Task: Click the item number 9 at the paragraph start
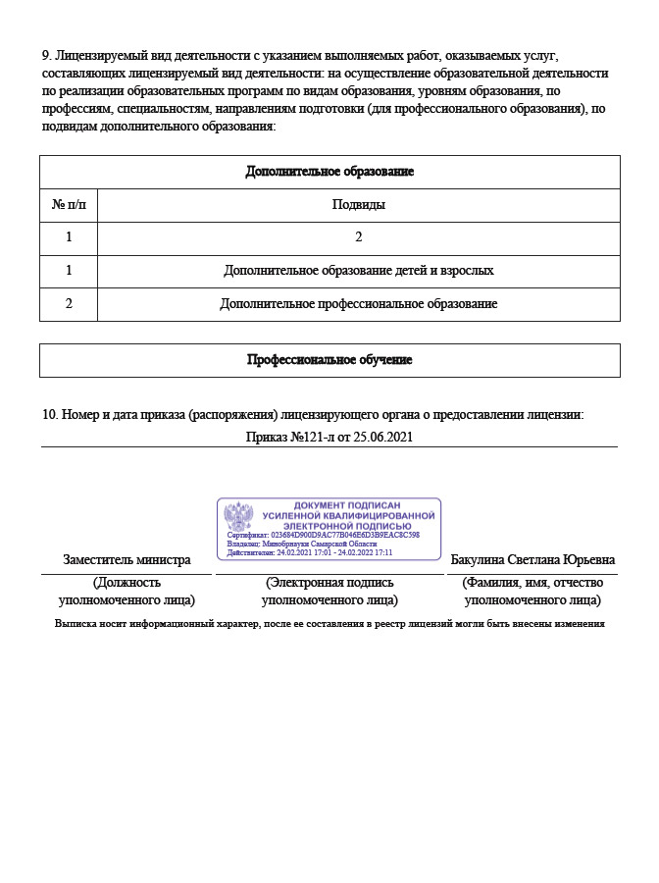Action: [45, 57]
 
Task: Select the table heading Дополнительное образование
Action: [329, 172]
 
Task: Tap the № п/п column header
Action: [69, 205]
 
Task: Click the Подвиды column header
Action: [359, 205]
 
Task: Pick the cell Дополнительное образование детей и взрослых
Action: [359, 270]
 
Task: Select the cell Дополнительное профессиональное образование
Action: [359, 304]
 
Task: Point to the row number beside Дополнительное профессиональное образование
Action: [69, 304]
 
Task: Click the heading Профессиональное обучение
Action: [329, 360]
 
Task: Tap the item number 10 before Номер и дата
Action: [49, 415]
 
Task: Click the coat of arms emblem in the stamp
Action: [238, 515]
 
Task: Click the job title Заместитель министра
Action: [127, 560]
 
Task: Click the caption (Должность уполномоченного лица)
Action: [127, 591]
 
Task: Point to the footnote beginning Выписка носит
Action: [329, 623]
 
